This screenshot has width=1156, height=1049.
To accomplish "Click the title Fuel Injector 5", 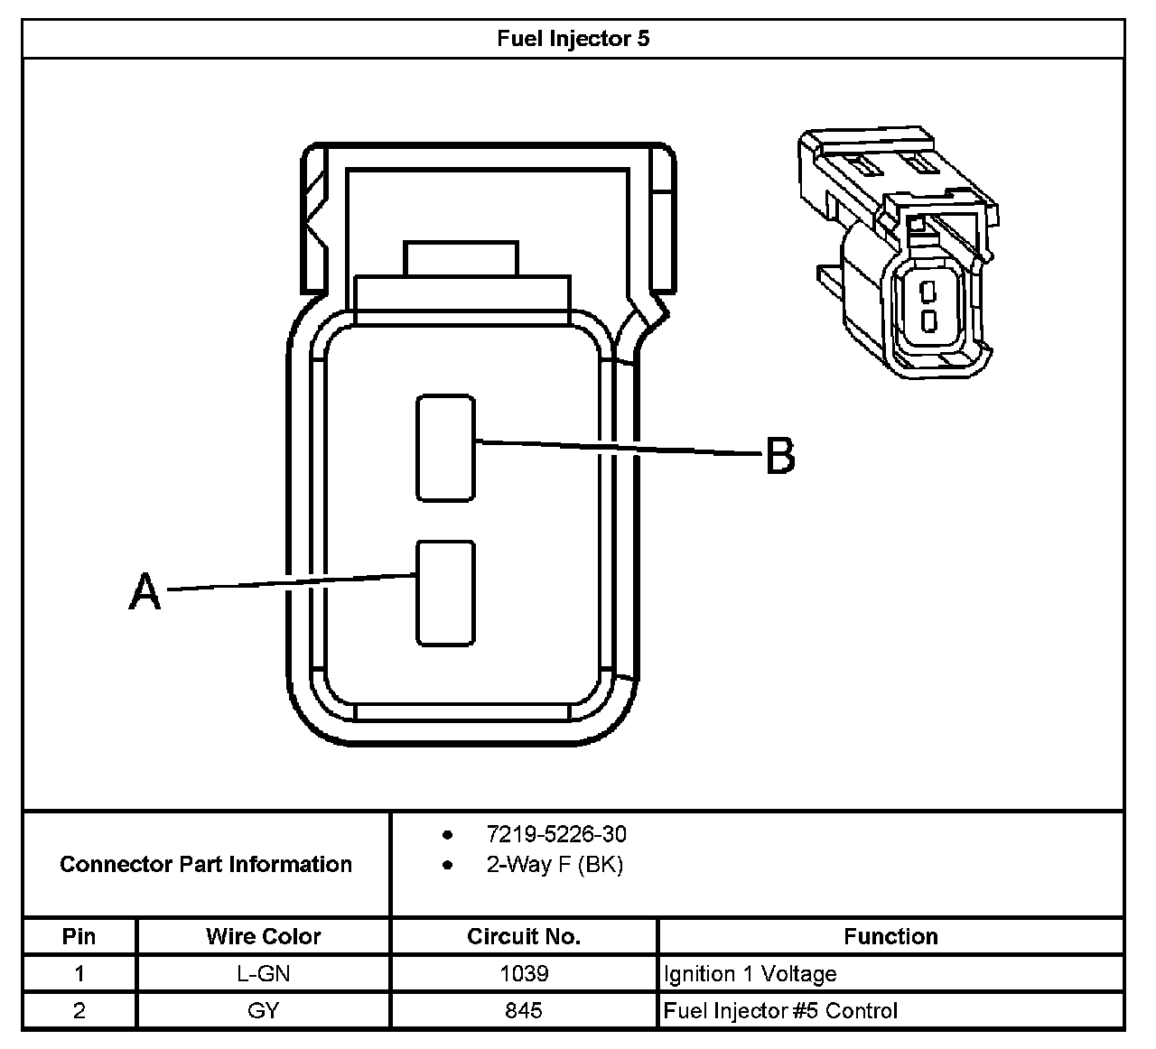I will tap(573, 39).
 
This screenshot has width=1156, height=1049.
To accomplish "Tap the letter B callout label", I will tap(780, 456).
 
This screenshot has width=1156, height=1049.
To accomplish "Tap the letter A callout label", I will tap(144, 592).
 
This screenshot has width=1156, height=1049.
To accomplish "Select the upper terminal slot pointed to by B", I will tap(445, 448).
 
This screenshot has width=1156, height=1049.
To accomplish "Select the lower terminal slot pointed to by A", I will tap(445, 593).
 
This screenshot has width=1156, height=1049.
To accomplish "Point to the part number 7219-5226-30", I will tap(555, 834).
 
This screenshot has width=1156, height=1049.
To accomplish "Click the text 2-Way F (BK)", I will tap(555, 865).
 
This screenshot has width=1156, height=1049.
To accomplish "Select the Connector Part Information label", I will tap(206, 865).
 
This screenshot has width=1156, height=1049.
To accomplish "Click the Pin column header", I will tap(79, 936).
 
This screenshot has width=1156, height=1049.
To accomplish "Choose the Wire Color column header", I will tap(263, 936).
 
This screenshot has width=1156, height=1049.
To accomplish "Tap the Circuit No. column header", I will tap(524, 936).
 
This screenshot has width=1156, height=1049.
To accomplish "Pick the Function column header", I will tap(890, 936).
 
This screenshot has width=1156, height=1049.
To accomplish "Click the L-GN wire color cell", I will tap(263, 974).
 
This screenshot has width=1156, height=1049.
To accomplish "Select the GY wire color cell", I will tap(263, 1011).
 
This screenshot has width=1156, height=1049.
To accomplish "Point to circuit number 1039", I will tap(524, 974).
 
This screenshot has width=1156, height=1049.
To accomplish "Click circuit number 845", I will tap(524, 1011).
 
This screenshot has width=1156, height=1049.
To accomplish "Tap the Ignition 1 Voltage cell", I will tap(750, 974).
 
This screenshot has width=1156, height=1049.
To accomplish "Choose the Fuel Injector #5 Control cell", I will tap(781, 1011).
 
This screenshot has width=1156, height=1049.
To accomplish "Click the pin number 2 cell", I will tap(79, 1011).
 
